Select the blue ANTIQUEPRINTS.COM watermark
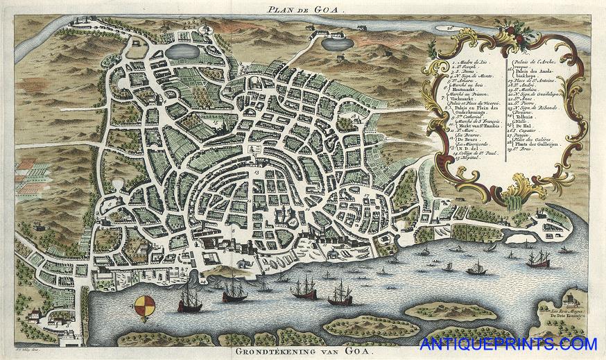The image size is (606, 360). pos(508,344)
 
